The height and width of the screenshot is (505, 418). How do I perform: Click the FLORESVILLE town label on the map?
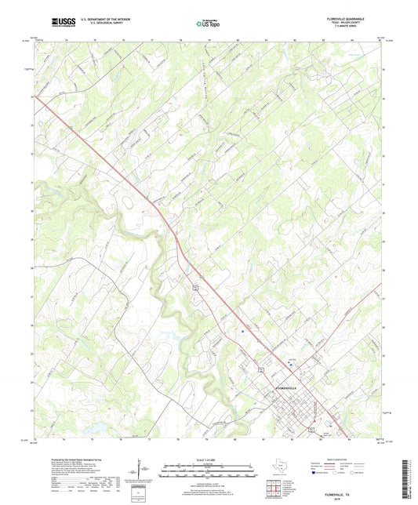point(287,389)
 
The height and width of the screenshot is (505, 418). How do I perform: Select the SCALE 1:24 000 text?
point(209,458)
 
